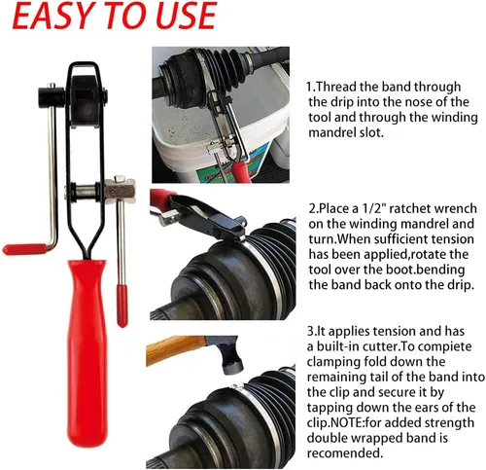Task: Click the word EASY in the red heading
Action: coord(52,16)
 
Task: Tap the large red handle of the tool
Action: coord(87,353)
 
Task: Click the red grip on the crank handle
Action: coord(24,249)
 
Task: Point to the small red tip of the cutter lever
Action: coord(122,306)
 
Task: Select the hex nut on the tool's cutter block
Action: coord(120,178)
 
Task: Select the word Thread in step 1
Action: coord(336,87)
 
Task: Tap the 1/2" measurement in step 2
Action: coord(373,208)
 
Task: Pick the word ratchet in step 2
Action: coord(409,208)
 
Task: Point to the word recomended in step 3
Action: coord(343,452)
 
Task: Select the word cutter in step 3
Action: coord(380,346)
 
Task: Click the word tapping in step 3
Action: coord(328,408)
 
